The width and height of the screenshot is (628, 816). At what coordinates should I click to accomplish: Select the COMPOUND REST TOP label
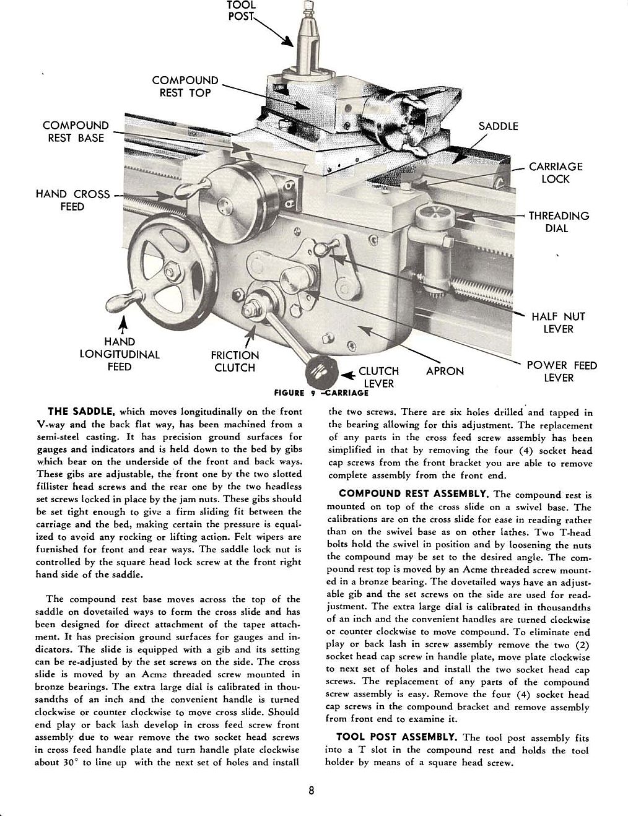[185, 87]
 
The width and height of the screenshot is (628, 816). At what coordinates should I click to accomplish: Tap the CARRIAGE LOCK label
[555, 173]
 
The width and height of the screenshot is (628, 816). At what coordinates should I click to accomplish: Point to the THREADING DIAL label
[558, 222]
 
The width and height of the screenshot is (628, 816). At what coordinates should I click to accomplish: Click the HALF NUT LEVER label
[558, 323]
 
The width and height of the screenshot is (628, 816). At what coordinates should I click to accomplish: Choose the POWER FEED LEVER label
[562, 371]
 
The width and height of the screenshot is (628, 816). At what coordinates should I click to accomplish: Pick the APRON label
[445, 371]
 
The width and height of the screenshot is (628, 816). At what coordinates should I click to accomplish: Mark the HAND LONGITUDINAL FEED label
[120, 354]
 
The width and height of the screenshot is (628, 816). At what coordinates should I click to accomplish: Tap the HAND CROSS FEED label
[72, 200]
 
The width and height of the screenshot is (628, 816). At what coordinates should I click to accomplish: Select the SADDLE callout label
[499, 126]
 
